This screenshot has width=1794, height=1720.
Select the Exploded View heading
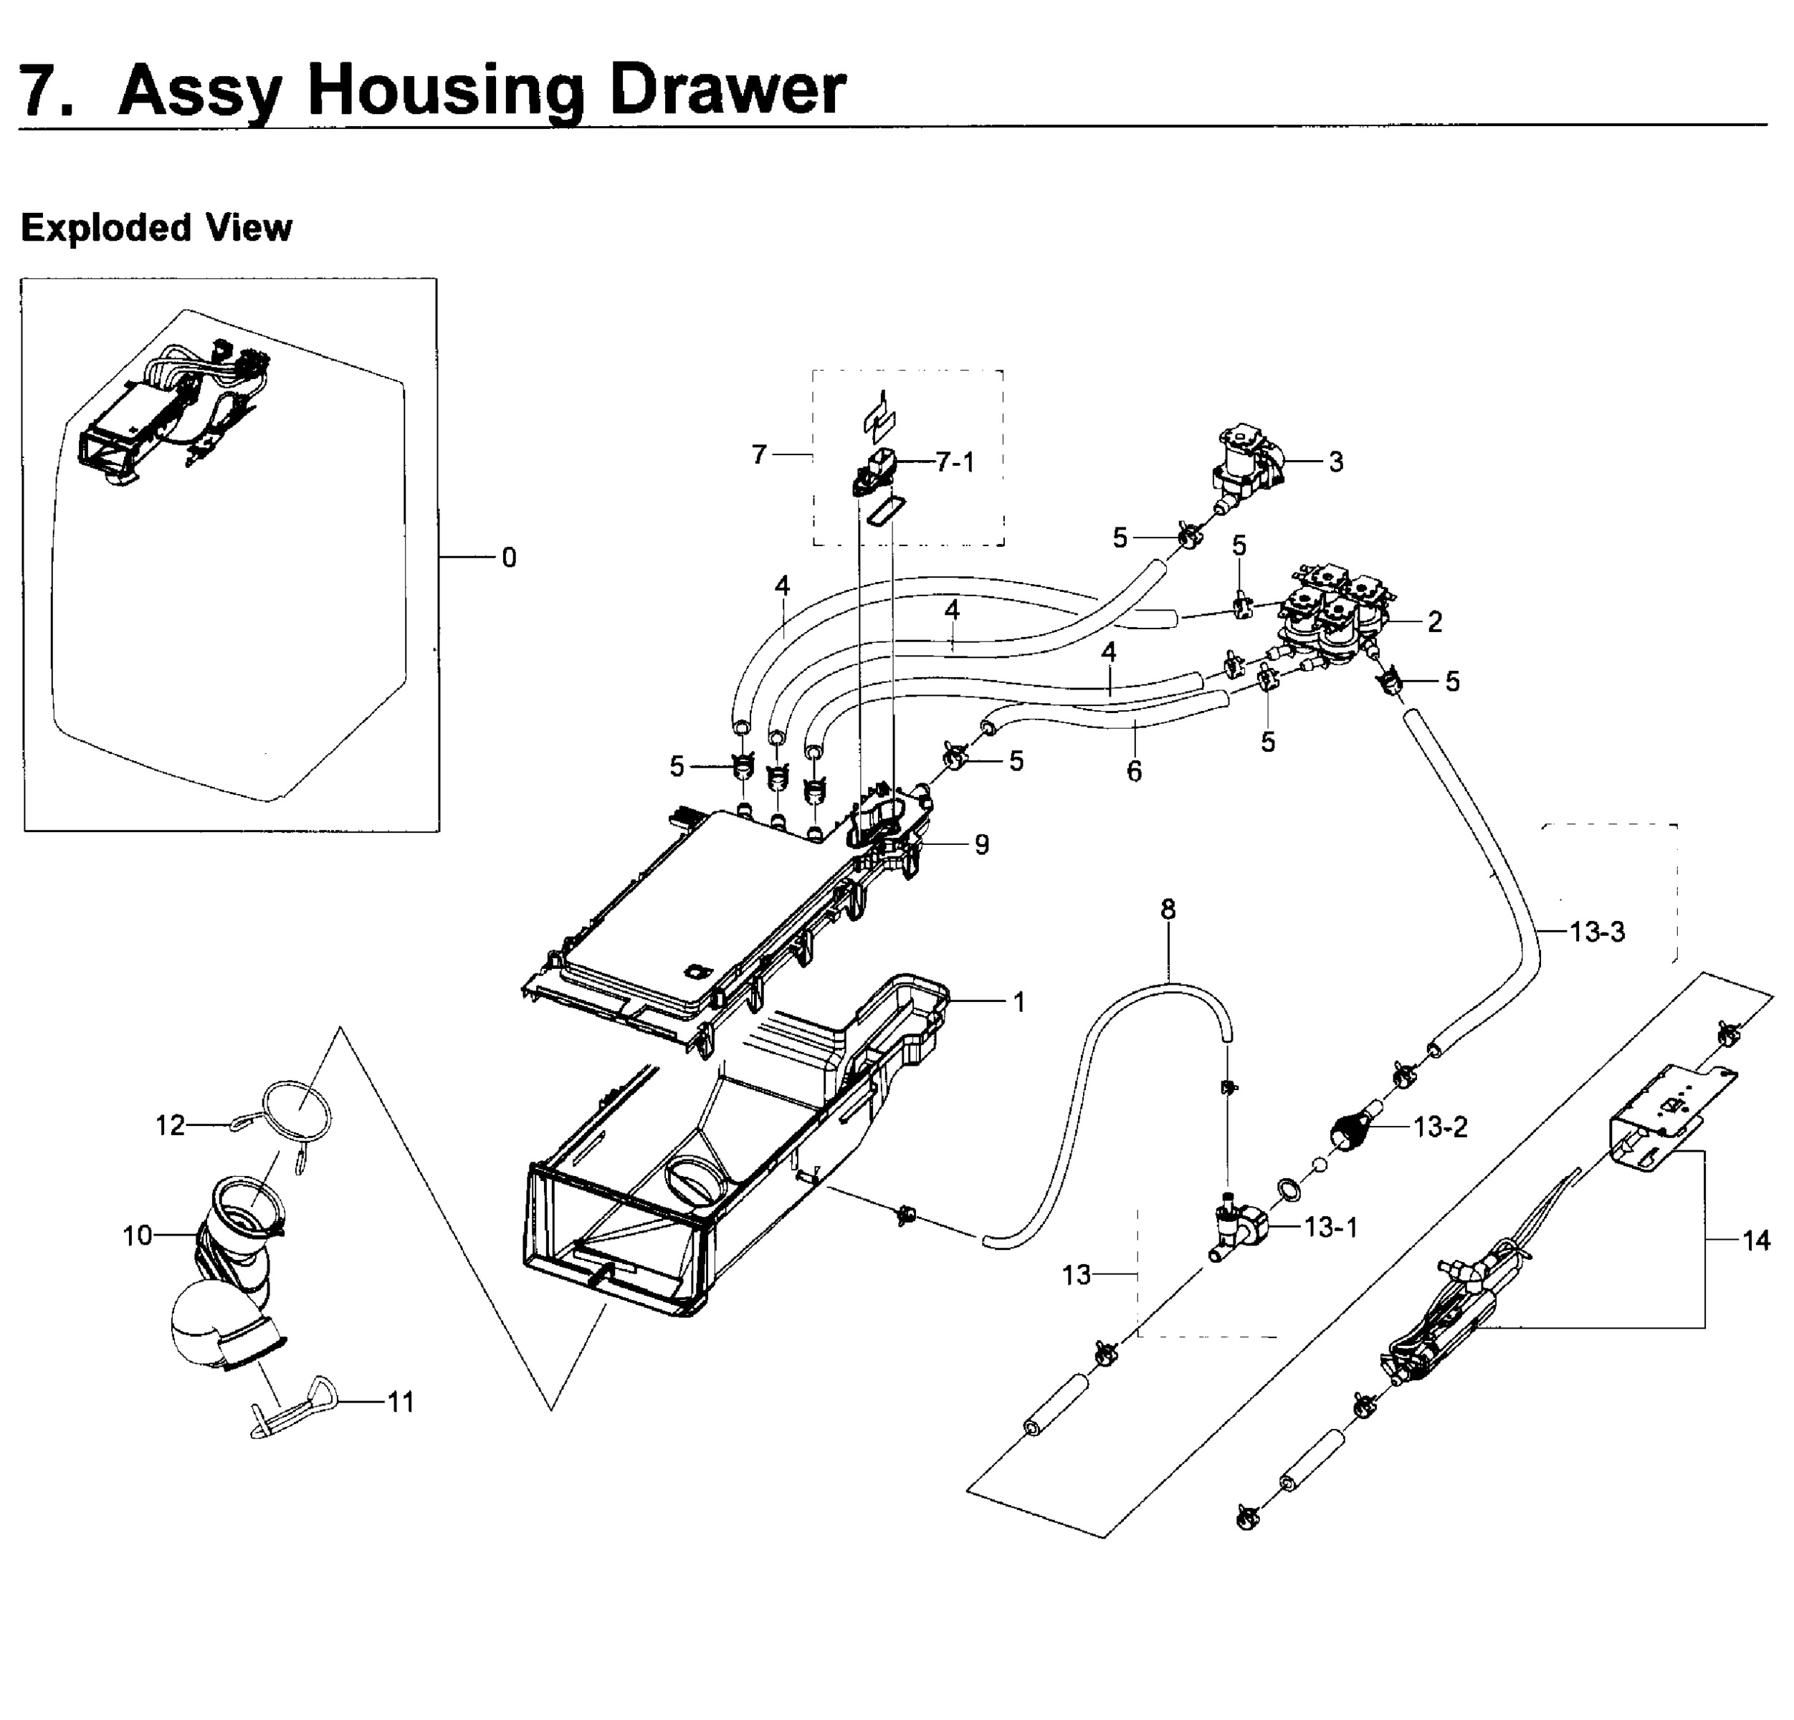click(x=156, y=228)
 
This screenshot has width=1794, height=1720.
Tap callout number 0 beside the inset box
click(x=509, y=558)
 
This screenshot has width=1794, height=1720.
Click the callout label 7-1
click(x=955, y=462)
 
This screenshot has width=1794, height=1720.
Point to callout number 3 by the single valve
click(x=1335, y=462)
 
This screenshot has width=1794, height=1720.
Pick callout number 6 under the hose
click(x=1134, y=772)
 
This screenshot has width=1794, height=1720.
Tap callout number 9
click(x=981, y=844)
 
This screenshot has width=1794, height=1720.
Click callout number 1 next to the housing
click(x=1018, y=1003)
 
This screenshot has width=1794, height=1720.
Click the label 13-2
click(x=1440, y=1127)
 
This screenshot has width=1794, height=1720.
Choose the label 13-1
click(x=1331, y=1228)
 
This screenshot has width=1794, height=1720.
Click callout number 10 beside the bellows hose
click(x=138, y=1236)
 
